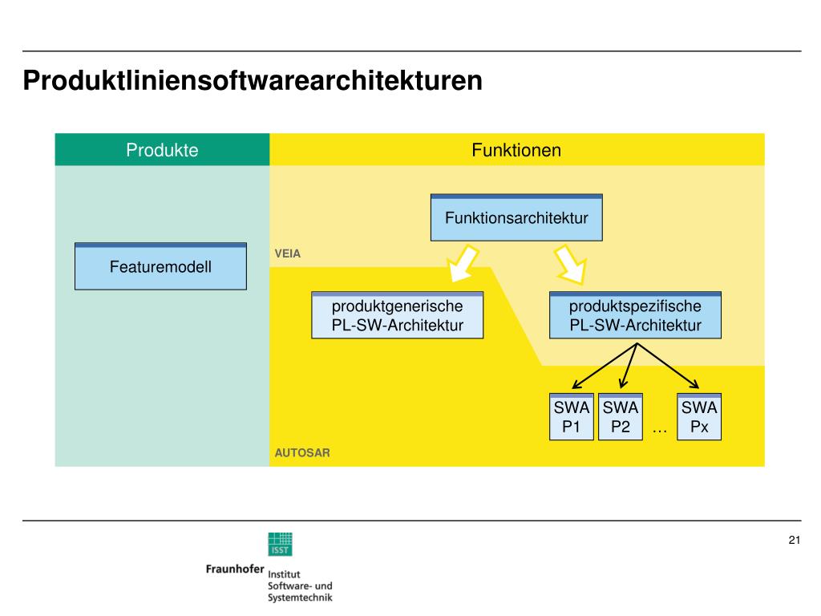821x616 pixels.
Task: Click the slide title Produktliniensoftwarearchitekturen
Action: tap(253, 81)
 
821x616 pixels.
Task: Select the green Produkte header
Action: tap(162, 150)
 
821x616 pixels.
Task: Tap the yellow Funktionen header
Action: tap(517, 150)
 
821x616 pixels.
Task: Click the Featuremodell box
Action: tap(160, 266)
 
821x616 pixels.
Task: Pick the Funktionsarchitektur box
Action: tap(516, 217)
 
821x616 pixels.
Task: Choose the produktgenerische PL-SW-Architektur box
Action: tap(398, 315)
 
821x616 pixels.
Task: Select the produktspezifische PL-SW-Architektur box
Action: tap(635, 315)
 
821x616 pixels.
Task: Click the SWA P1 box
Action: tap(571, 417)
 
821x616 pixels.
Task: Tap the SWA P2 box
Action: tap(621, 417)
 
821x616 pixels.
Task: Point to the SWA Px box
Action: tap(699, 417)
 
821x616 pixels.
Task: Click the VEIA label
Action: tap(288, 253)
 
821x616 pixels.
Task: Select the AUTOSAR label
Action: tap(302, 452)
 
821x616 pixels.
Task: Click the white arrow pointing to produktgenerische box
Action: tap(463, 263)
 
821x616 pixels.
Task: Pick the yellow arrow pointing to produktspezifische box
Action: tap(571, 265)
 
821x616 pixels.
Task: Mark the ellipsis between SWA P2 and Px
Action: tap(660, 432)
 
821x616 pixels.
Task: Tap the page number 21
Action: tap(795, 540)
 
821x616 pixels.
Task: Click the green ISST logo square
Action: tap(280, 545)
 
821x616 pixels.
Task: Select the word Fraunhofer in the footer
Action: tap(235, 569)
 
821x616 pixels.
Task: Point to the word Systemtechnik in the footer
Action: tap(300, 598)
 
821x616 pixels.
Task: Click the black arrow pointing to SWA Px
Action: tap(668, 366)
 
